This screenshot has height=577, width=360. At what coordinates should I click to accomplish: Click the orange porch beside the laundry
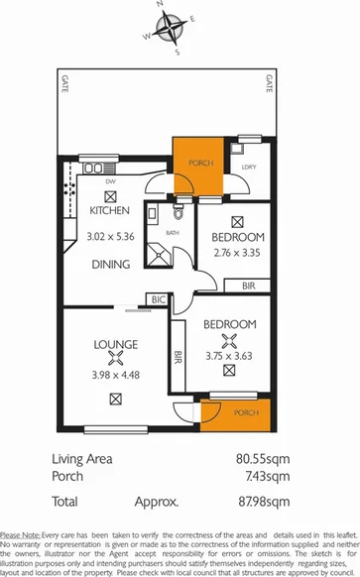coord(198,163)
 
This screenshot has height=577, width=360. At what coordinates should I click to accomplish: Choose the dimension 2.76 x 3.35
coord(237,253)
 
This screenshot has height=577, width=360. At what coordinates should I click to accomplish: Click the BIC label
coord(157,298)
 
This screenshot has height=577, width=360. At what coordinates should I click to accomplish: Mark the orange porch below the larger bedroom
coord(234,410)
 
